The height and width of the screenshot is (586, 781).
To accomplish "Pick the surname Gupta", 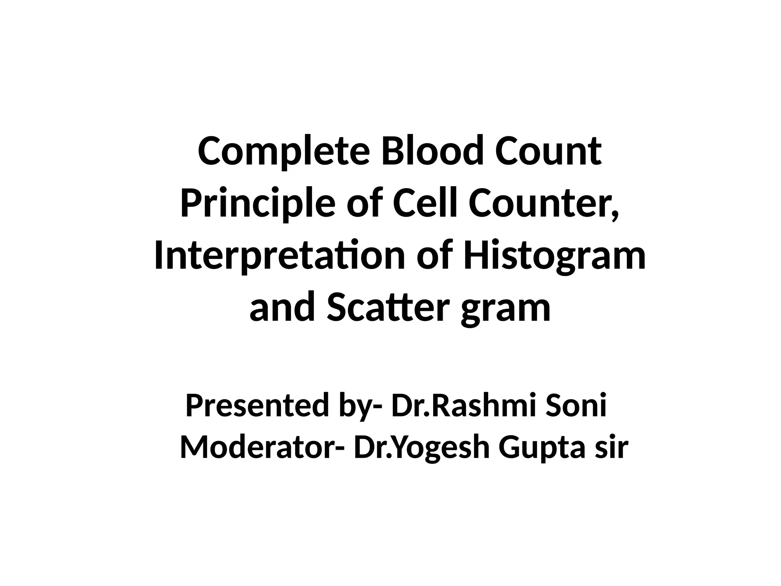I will [542, 449].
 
